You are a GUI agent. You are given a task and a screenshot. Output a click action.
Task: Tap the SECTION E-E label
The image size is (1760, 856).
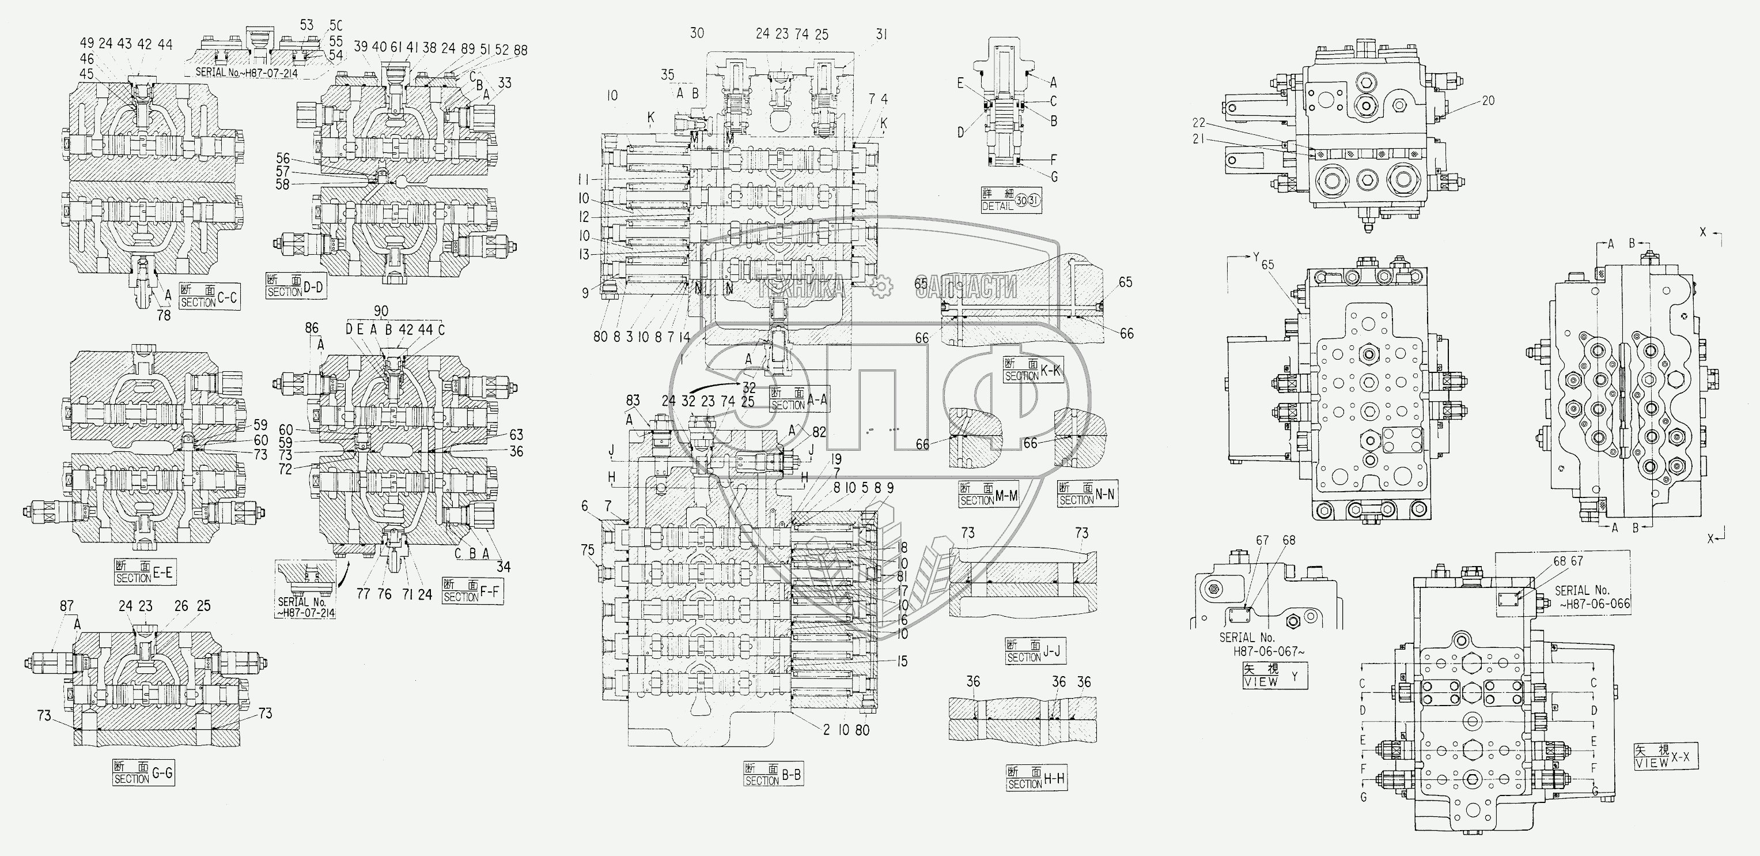tap(143, 572)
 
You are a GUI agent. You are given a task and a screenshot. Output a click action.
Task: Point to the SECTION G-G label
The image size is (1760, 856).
tap(143, 773)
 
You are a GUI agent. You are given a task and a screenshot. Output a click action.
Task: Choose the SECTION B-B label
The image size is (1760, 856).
tap(773, 775)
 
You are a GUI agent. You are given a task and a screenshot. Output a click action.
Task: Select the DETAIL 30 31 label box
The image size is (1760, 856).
tap(1010, 201)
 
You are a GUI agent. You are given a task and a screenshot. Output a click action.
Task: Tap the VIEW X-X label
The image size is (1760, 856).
tap(1665, 757)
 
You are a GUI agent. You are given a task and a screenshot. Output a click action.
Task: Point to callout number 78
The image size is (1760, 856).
tap(164, 316)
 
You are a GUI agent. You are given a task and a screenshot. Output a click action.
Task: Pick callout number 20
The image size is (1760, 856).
tap(1488, 100)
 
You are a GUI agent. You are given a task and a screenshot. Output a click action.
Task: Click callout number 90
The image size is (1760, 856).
tap(382, 312)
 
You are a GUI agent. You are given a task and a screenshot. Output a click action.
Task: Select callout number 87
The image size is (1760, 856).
tap(66, 606)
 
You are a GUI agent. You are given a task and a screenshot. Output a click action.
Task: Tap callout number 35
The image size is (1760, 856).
tap(668, 74)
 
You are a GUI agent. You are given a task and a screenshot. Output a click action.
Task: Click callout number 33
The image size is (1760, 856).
tap(504, 84)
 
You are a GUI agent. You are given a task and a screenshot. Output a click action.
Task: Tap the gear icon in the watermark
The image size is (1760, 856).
tap(881, 286)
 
